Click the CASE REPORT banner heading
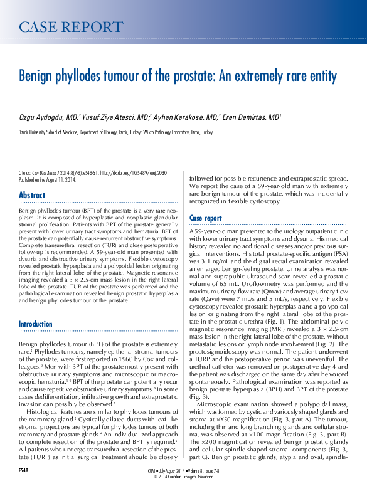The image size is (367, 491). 71,27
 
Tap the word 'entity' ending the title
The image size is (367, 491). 321,77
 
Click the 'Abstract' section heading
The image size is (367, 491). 32,195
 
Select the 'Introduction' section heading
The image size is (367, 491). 36,324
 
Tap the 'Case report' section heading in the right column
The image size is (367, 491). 205,218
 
